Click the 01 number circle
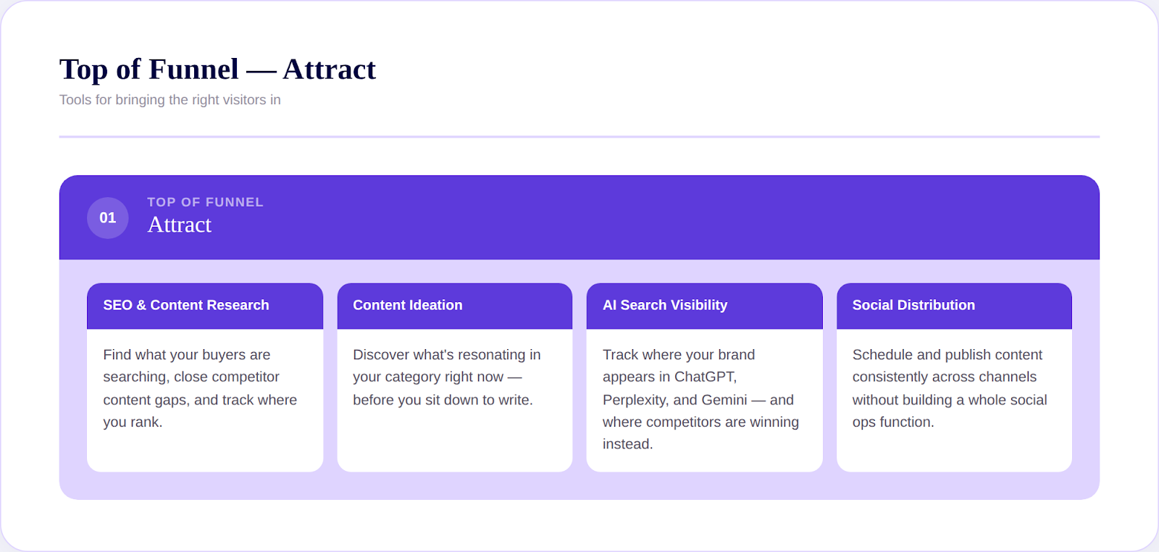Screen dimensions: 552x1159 107,218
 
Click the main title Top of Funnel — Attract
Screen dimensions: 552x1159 217,70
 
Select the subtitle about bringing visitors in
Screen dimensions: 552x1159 170,100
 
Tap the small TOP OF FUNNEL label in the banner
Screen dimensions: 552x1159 205,202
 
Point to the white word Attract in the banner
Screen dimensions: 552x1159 180,225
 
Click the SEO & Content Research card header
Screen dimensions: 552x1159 186,306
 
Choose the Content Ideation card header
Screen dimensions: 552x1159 407,306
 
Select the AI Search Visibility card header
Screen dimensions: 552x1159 665,306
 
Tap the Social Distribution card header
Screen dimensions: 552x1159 913,306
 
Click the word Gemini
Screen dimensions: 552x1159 722,400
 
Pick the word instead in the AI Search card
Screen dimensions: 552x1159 627,445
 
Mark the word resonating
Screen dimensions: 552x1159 490,355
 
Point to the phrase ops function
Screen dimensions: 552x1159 892,422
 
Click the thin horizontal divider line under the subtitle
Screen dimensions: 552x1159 579,136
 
